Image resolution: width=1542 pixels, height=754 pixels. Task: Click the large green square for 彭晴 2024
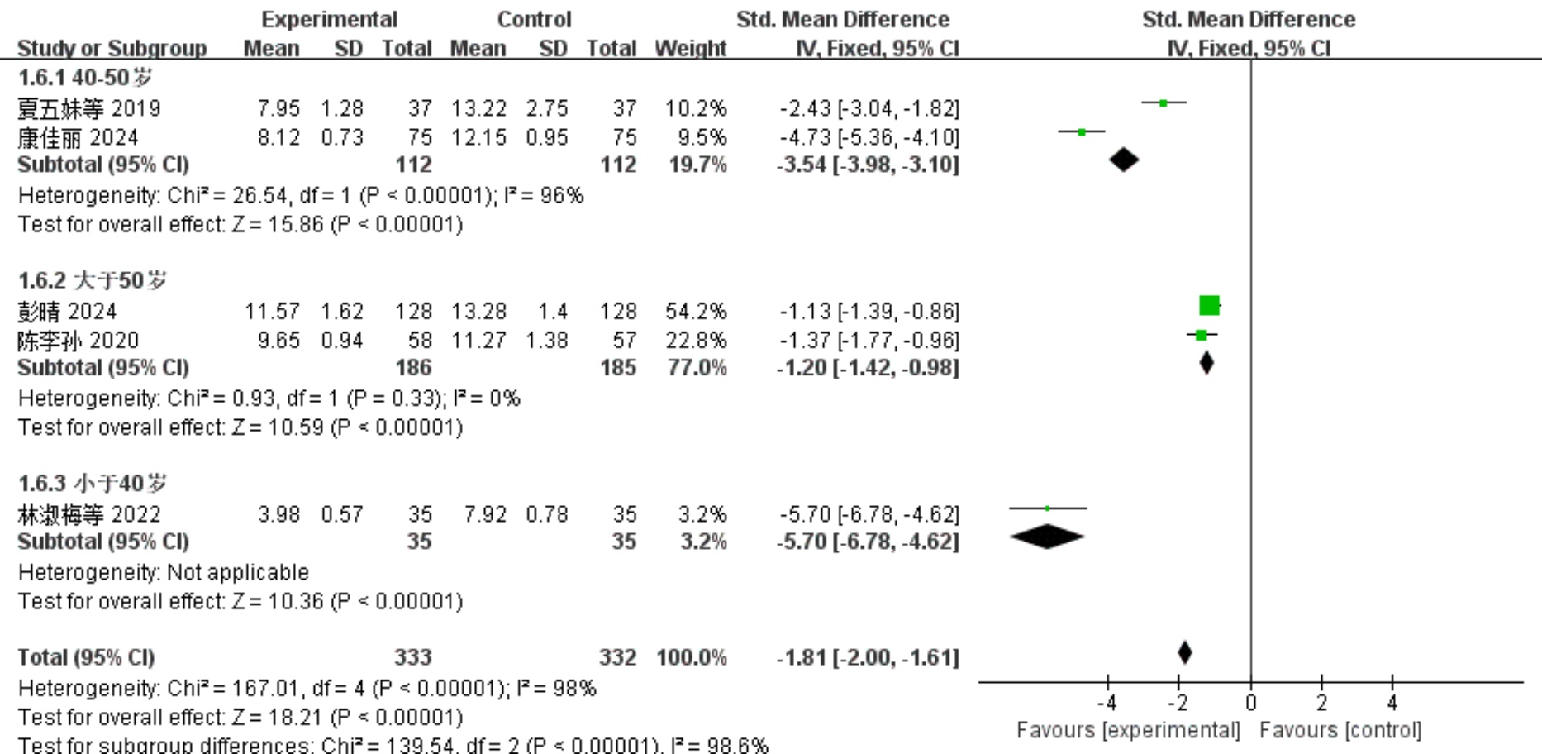pyautogui.click(x=1209, y=306)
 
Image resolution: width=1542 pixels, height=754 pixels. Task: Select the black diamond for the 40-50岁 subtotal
pyautogui.click(x=1123, y=160)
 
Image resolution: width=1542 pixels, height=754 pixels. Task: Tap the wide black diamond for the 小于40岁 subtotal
pyautogui.click(x=1047, y=537)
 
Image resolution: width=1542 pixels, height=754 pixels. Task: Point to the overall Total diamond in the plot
pyautogui.click(x=1184, y=653)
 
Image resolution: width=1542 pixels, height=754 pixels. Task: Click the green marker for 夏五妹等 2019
pyautogui.click(x=1164, y=103)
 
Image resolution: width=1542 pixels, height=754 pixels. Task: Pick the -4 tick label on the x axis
pyautogui.click(x=1107, y=704)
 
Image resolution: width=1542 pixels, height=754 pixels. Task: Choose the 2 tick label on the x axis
pyautogui.click(x=1321, y=704)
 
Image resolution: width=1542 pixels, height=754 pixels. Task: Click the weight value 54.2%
pyautogui.click(x=696, y=312)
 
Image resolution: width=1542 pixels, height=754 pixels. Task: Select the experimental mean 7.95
pyautogui.click(x=278, y=108)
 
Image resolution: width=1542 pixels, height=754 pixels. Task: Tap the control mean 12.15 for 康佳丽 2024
pyautogui.click(x=478, y=137)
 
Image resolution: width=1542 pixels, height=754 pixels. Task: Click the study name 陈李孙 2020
pyautogui.click(x=79, y=341)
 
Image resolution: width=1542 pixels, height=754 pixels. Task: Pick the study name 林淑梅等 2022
pyautogui.click(x=89, y=514)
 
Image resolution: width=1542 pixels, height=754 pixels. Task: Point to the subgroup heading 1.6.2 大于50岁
pyautogui.click(x=92, y=281)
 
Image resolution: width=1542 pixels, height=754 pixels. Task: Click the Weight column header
pyautogui.click(x=690, y=48)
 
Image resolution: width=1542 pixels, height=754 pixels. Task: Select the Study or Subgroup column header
pyautogui.click(x=112, y=48)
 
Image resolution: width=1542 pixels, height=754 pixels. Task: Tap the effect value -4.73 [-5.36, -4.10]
pyautogui.click(x=869, y=137)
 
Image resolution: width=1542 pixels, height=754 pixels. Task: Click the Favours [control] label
pyautogui.click(x=1340, y=731)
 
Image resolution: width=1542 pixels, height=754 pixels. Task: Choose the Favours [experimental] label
pyautogui.click(x=1128, y=731)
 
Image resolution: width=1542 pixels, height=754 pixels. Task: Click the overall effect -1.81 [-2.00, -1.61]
pyautogui.click(x=868, y=658)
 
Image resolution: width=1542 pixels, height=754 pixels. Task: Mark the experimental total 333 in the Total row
pyautogui.click(x=412, y=658)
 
